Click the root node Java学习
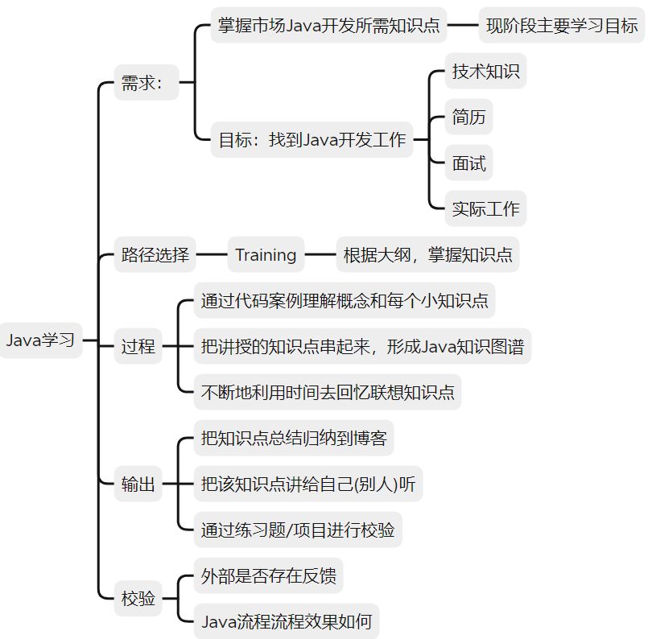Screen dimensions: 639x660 41,340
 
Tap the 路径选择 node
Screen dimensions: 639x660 155,255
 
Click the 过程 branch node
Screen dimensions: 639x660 138,348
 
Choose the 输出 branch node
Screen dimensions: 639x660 138,484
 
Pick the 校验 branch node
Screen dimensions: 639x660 138,598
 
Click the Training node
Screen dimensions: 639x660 266,255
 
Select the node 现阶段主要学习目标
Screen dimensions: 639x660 562,25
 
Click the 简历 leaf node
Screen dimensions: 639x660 468,117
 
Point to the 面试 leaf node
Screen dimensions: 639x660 468,163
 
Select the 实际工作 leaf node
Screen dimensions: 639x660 485,209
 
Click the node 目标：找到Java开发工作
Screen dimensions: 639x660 312,140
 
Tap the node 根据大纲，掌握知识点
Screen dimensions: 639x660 427,255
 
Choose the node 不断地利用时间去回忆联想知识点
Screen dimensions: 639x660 328,393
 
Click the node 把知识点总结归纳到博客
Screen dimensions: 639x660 294,439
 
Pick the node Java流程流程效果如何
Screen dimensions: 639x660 286,621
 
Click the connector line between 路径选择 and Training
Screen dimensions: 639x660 212,255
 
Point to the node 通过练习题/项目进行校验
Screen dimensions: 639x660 298,530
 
